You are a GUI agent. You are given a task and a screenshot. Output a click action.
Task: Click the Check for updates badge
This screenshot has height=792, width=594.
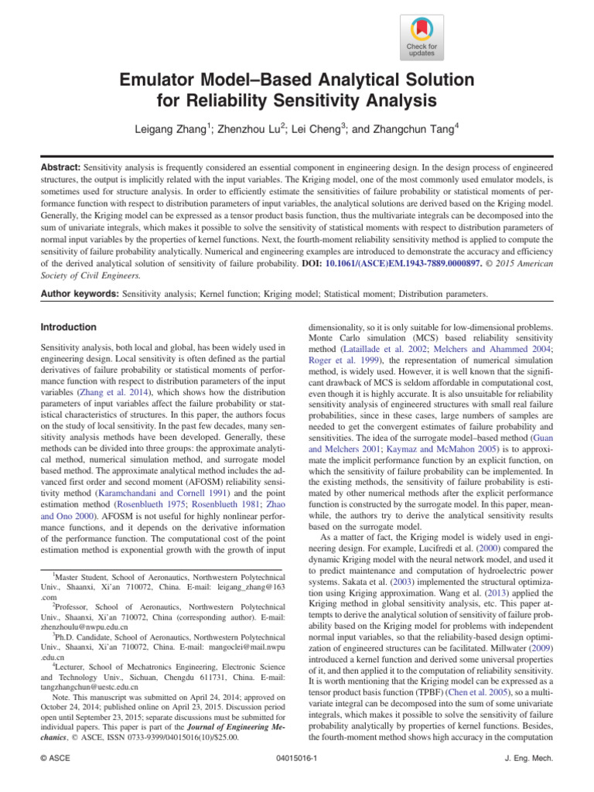pyautogui.click(x=421, y=37)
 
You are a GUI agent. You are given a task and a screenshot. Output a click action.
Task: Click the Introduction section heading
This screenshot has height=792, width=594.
pyautogui.click(x=69, y=327)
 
